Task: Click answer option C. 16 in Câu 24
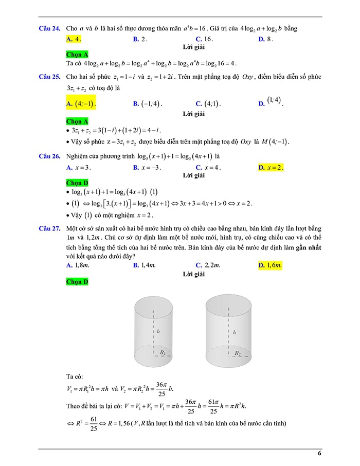pyautogui.click(x=205, y=39)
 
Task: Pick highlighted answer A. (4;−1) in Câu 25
pyautogui.click(x=81, y=103)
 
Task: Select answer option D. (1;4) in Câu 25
pyautogui.click(x=271, y=102)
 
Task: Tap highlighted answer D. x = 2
pyautogui.click(x=271, y=168)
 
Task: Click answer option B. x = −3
pyautogui.click(x=147, y=168)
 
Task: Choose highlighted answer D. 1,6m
pyautogui.click(x=271, y=265)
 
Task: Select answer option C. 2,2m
pyautogui.click(x=208, y=265)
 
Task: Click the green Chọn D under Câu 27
pyautogui.click(x=77, y=282)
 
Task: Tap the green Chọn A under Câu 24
pyautogui.click(x=77, y=54)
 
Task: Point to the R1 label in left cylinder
pyautogui.click(x=163, y=352)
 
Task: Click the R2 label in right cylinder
pyautogui.click(x=237, y=353)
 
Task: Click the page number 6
pyautogui.click(x=319, y=454)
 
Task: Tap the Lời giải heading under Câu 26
pyautogui.click(x=194, y=175)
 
